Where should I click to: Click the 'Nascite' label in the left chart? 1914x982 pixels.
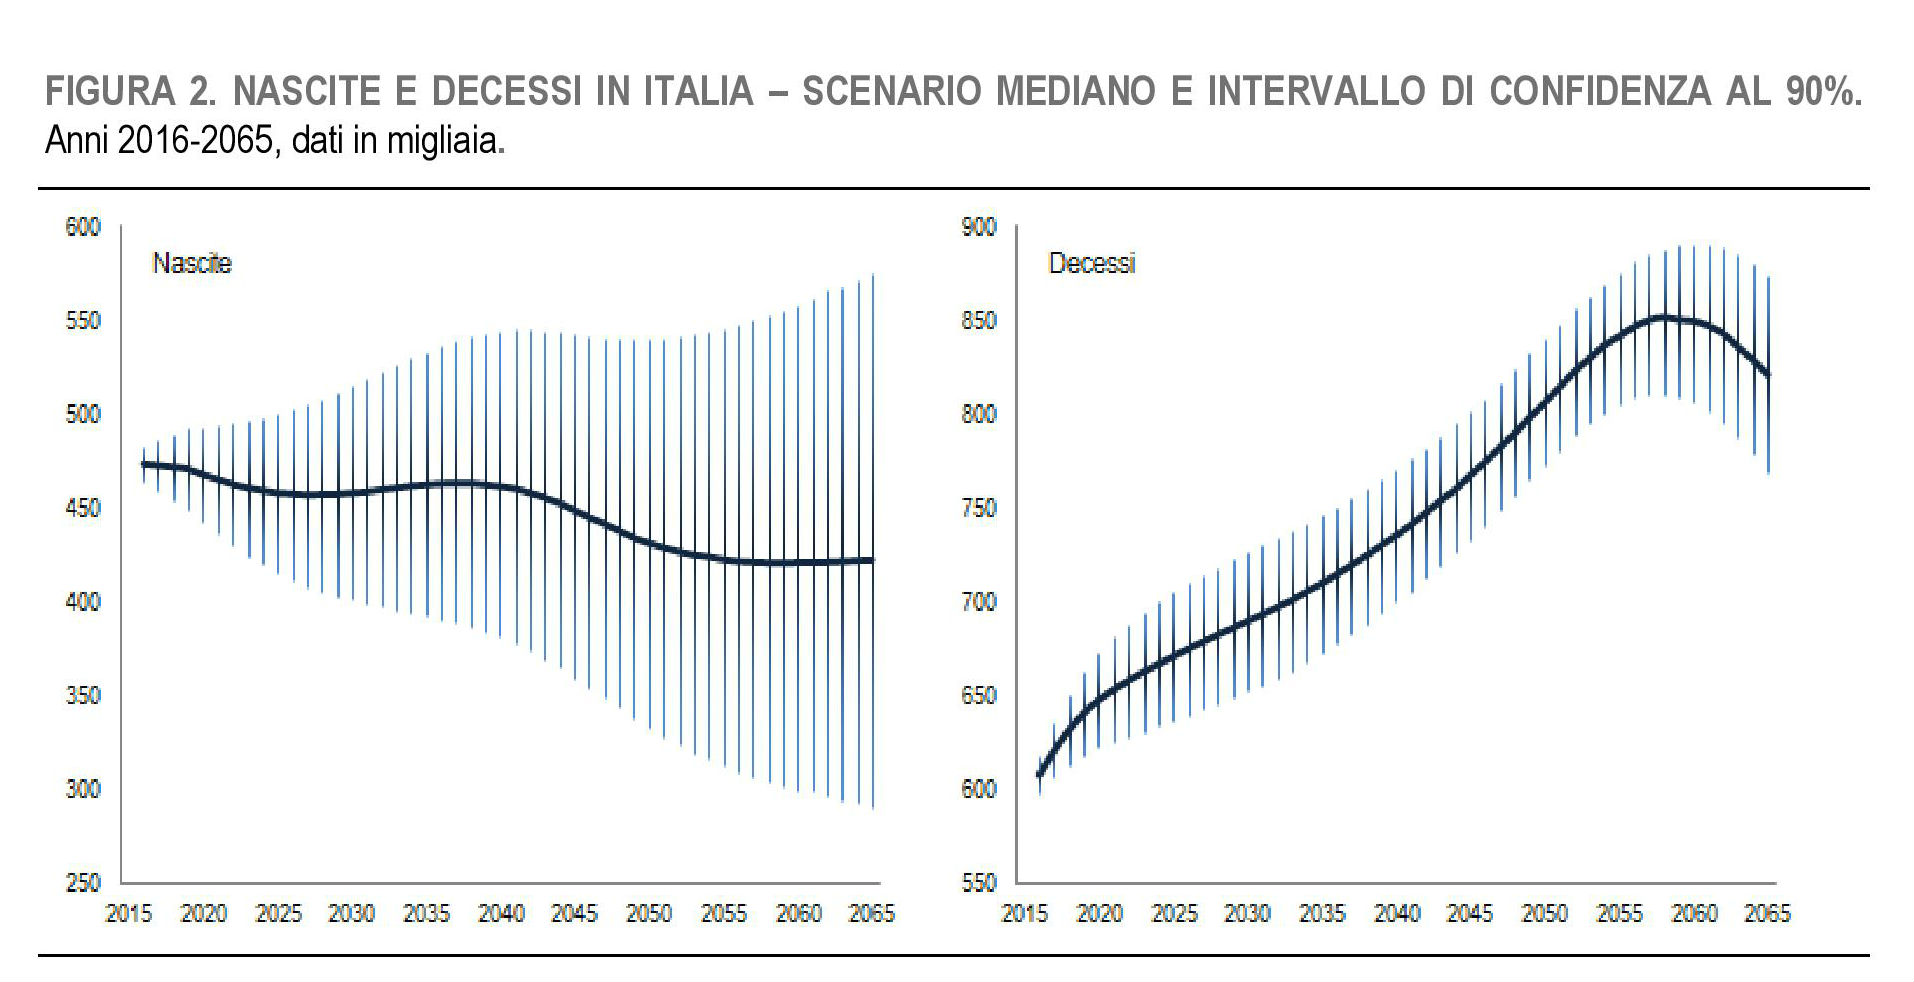(x=191, y=263)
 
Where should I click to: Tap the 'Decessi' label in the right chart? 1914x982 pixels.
(x=1091, y=263)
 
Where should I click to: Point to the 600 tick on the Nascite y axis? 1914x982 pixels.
(x=83, y=227)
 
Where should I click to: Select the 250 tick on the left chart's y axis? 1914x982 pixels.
(x=83, y=883)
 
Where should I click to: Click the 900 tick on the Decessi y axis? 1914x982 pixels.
(x=979, y=227)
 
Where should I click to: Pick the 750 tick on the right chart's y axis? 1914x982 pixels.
(x=979, y=508)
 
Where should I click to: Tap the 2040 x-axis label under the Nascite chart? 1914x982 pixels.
(x=501, y=914)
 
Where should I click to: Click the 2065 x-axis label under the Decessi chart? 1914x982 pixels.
(x=1767, y=914)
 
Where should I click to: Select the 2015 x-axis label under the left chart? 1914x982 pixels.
(x=129, y=914)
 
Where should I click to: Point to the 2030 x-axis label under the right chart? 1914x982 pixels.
(x=1247, y=914)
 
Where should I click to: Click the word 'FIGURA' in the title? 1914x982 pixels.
(x=110, y=92)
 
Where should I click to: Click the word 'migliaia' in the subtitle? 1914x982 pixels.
(x=446, y=141)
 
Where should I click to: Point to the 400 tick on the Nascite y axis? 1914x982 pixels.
(x=83, y=602)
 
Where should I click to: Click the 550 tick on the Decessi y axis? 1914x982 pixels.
(x=979, y=883)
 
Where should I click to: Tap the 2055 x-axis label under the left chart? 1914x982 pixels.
(x=724, y=914)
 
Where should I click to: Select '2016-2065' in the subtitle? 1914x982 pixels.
(x=195, y=141)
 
